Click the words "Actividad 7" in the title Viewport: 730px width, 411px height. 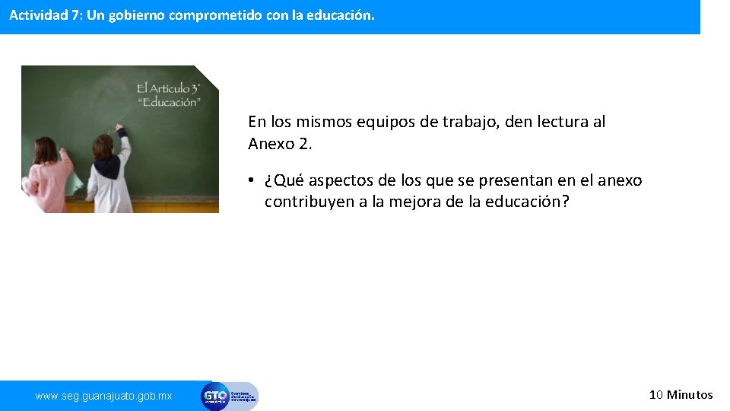[41, 15]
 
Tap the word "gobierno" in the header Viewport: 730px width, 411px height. [133, 15]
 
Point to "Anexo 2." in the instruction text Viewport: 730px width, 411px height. [280, 143]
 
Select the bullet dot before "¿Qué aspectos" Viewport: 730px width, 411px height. [251, 181]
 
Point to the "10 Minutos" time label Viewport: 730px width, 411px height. [681, 394]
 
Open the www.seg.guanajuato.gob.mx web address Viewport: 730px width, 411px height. [104, 396]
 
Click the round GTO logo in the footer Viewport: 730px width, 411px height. [214, 396]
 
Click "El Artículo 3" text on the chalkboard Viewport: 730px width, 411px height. [168, 88]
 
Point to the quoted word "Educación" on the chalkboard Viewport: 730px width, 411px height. [168, 102]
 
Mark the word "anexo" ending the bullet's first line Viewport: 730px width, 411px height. [619, 181]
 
